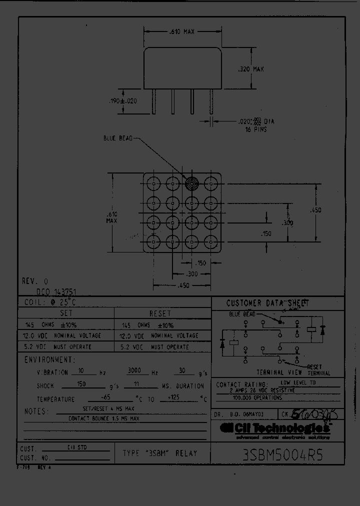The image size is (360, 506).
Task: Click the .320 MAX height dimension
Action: [250, 69]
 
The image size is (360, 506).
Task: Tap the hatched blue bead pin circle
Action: [191, 183]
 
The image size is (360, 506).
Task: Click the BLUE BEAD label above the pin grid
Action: [118, 138]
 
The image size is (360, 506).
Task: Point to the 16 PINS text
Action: [256, 129]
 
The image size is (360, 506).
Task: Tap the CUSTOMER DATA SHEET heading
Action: [267, 303]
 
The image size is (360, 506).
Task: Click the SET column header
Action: [66, 313]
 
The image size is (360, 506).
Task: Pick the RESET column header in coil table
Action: [160, 313]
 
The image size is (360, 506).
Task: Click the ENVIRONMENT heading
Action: [50, 360]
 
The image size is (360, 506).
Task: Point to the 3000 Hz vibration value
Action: [136, 371]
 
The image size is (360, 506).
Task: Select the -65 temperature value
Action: [105, 398]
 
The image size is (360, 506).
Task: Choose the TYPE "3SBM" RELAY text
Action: [160, 453]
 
